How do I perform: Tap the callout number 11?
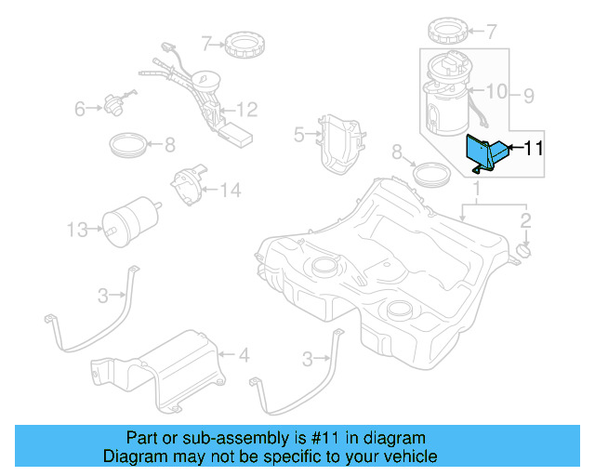click(x=534, y=148)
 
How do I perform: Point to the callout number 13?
click(x=76, y=228)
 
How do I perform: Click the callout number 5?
click(x=298, y=135)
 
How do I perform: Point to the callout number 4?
click(x=244, y=354)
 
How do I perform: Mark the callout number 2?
click(x=525, y=220)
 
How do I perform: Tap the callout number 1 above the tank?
click(x=476, y=192)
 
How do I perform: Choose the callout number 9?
click(x=528, y=94)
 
